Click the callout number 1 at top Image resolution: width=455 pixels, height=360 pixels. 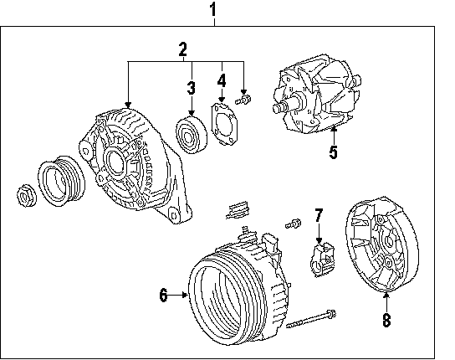click(213, 9)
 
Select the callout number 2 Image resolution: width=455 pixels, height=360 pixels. click(183, 49)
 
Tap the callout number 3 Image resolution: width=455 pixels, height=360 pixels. click(191, 88)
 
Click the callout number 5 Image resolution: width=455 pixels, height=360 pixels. click(334, 152)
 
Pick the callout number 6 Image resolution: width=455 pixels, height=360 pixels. click(164, 296)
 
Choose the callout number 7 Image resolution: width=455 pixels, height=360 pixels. click(319, 215)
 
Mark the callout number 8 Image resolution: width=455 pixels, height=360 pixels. click(386, 320)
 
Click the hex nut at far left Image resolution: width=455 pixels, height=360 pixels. click(27, 195)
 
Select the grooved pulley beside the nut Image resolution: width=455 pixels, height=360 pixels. click(61, 182)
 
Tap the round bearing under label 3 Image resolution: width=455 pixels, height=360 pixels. click(192, 135)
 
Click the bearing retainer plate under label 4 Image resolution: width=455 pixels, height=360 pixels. click(224, 123)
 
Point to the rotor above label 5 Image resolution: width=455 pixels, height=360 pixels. click(316, 94)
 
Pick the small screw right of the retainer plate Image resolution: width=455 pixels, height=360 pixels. click(243, 100)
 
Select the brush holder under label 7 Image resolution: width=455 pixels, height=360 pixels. click(322, 260)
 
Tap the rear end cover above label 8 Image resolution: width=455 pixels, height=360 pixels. click(382, 244)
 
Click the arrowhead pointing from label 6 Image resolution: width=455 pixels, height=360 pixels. click(185, 295)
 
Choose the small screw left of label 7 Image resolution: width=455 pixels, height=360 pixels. click(293, 224)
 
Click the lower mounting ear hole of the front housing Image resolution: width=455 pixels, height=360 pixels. click(174, 216)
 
